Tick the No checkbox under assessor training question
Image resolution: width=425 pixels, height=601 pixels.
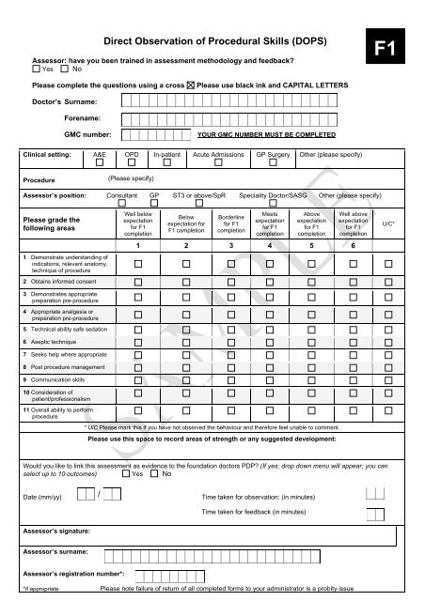[65, 69]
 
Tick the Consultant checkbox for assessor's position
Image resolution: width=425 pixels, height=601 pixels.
[120, 201]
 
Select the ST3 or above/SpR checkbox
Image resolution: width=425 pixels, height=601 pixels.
[200, 201]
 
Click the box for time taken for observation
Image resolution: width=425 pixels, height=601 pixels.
[374, 494]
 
